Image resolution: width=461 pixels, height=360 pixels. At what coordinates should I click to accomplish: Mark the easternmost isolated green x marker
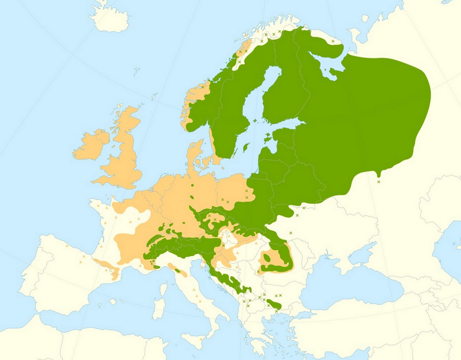379,182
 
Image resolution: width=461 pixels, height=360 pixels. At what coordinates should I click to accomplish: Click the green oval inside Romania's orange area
267,257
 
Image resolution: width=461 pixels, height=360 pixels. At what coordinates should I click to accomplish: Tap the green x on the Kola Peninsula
333,41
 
